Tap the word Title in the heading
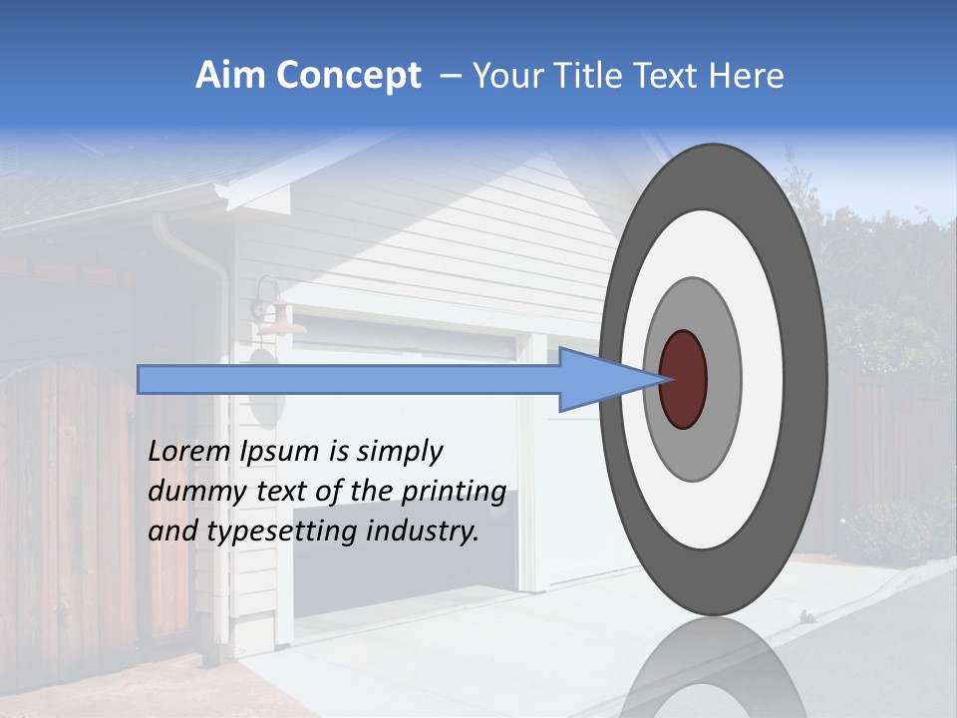601,77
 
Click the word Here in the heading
747,77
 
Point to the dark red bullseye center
684,380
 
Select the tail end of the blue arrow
141,379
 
